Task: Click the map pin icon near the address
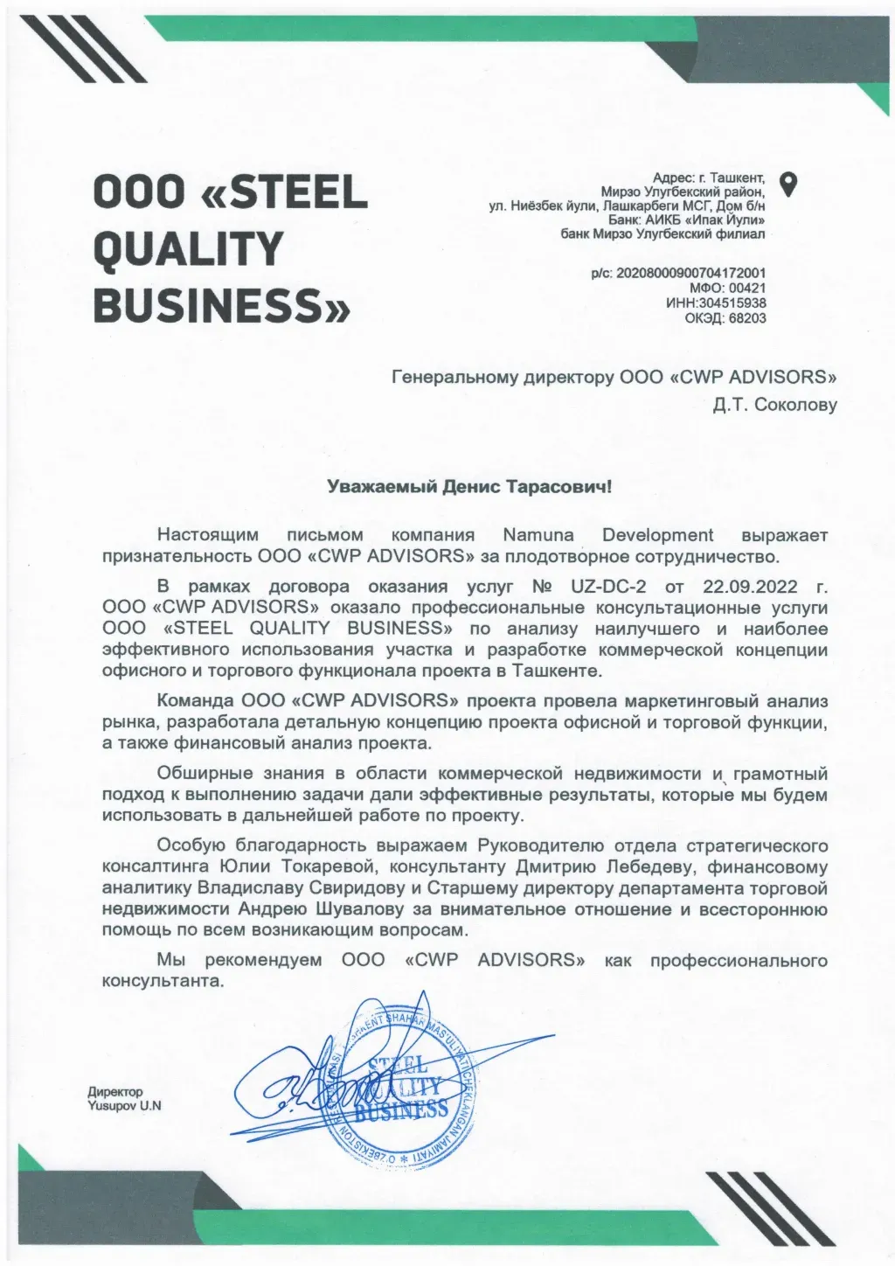coord(789,184)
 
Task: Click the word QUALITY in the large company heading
coord(188,249)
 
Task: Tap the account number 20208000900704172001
coord(691,273)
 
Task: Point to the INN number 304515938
coord(728,303)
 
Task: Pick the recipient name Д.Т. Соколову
coord(774,405)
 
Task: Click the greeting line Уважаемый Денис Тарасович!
coord(469,486)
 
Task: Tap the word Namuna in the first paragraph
coord(539,535)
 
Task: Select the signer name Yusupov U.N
coord(124,1105)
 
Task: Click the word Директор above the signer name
coord(114,1091)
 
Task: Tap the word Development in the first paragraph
coord(657,535)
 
